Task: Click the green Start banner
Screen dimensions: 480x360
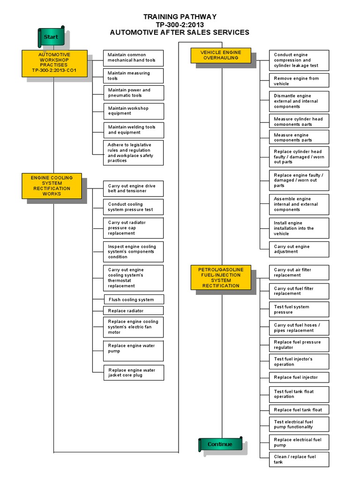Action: (x=51, y=37)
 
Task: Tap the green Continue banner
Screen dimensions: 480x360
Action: (x=220, y=444)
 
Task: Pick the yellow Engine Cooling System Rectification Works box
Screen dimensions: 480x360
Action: (x=52, y=186)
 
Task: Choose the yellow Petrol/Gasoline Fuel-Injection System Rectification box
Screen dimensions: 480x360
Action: (x=221, y=277)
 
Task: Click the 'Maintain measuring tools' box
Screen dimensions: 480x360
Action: (x=134, y=76)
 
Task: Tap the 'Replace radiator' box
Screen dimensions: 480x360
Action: (x=134, y=311)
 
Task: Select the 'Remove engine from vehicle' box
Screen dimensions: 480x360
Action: (x=299, y=81)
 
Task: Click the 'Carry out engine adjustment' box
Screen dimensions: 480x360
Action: (x=299, y=249)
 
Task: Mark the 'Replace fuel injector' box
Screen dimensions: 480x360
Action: (x=299, y=377)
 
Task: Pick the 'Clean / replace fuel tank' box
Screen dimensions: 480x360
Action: (x=299, y=459)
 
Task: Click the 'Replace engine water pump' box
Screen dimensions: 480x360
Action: (x=134, y=351)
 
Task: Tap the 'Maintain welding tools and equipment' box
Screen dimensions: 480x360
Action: (x=134, y=129)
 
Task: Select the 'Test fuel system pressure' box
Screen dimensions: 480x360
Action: (x=299, y=309)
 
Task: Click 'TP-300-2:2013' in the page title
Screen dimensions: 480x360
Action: (x=180, y=24)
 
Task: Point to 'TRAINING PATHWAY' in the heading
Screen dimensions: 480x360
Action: (x=180, y=17)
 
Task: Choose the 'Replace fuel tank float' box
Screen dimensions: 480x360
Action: (x=299, y=410)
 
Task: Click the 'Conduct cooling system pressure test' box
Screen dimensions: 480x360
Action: (x=134, y=207)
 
